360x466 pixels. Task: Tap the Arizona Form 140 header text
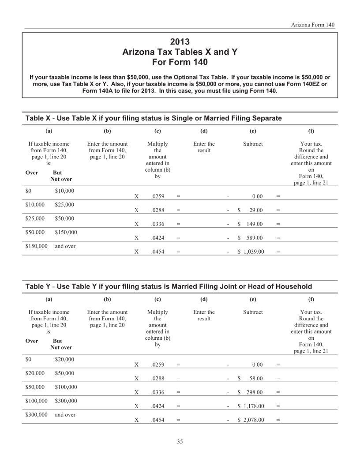[x=313, y=25]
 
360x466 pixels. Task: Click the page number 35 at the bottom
[x=180, y=442]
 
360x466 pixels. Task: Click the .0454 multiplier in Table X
[x=157, y=252]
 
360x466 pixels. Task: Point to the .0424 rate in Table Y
[x=157, y=406]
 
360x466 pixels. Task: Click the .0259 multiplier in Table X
[x=157, y=197]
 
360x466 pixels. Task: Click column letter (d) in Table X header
[x=204, y=131]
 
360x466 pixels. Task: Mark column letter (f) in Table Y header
[x=311, y=299]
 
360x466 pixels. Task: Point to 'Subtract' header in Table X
[x=253, y=144]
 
